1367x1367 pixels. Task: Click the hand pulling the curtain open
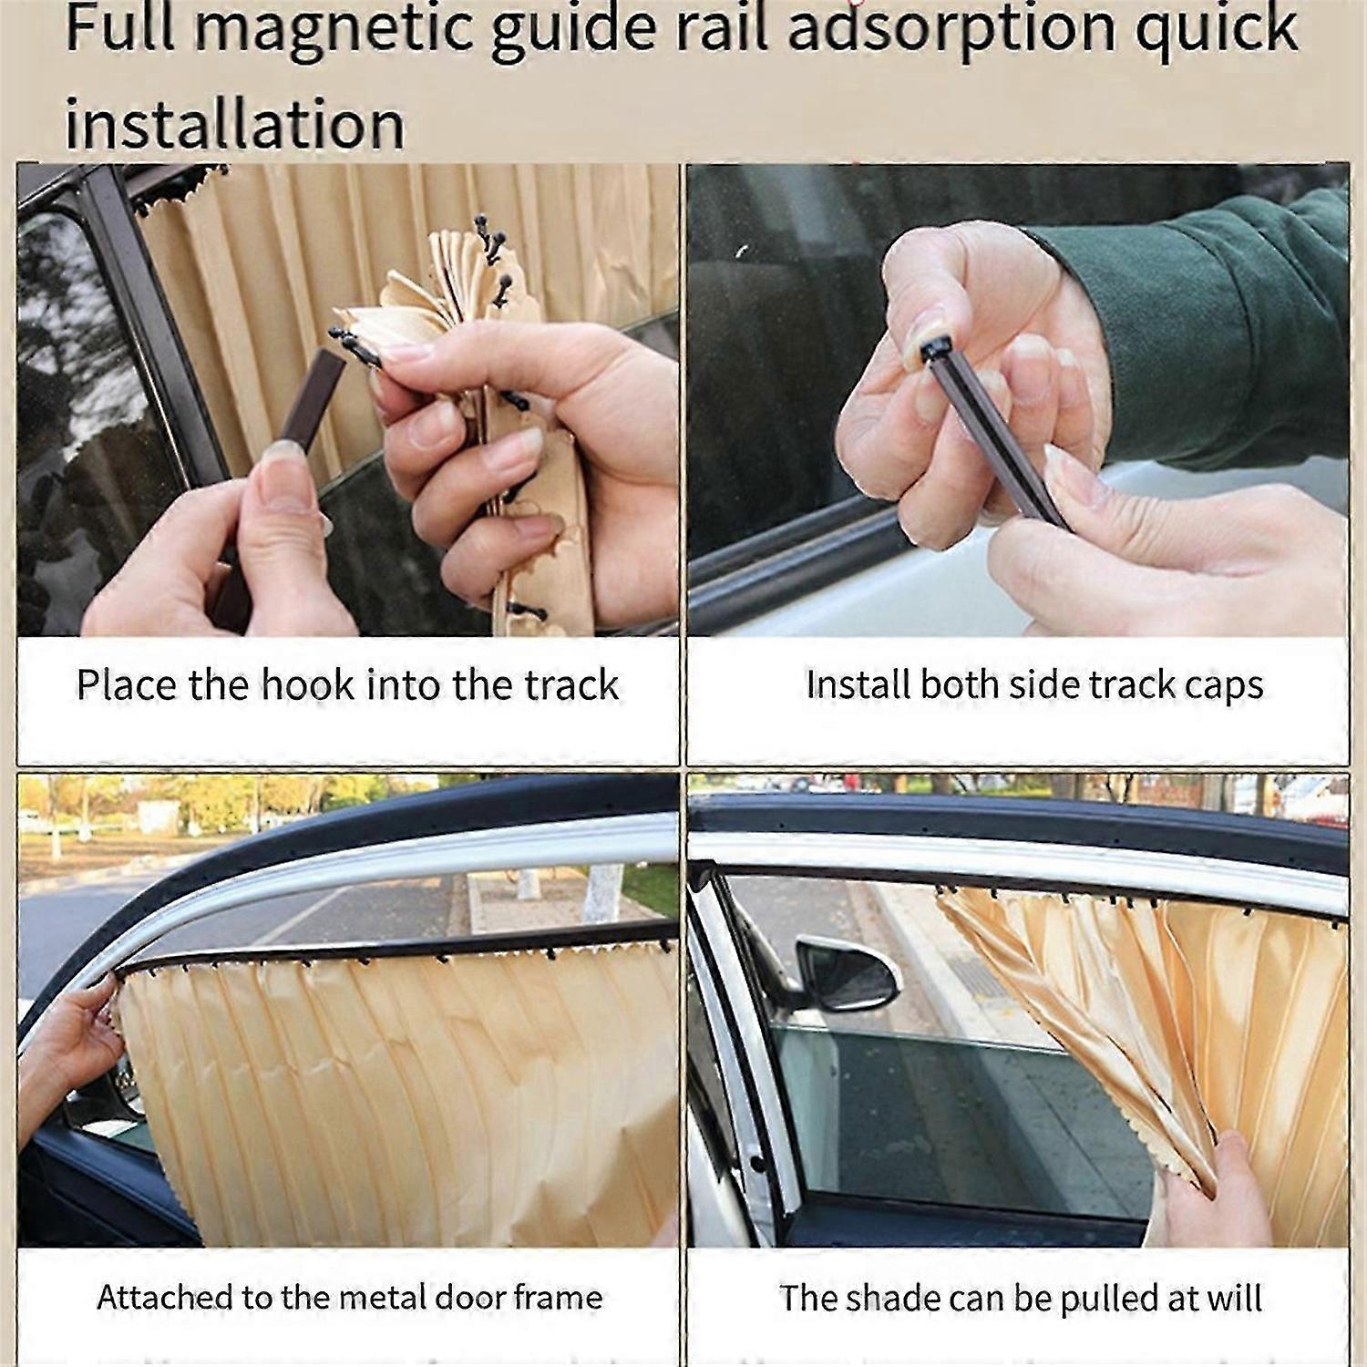(1221, 1185)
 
